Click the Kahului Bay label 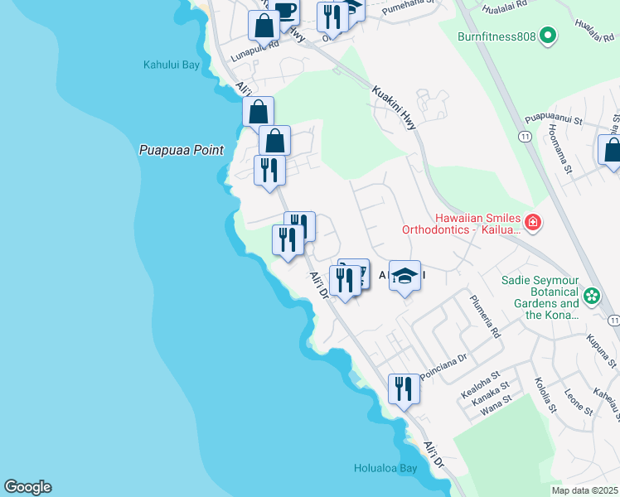[x=172, y=65]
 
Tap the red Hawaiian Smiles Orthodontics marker [x=532, y=222]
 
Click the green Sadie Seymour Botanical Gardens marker [x=592, y=296]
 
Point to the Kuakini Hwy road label [x=395, y=108]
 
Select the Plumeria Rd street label [x=485, y=316]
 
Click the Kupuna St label [x=601, y=351]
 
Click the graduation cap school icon [x=404, y=276]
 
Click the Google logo [x=27, y=487]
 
